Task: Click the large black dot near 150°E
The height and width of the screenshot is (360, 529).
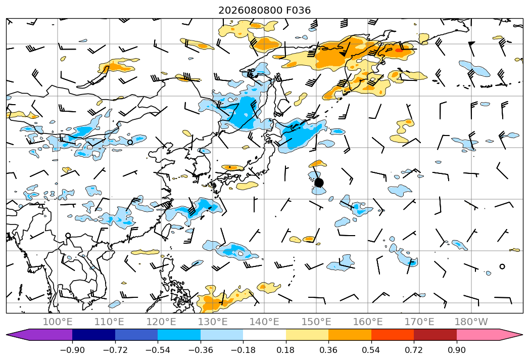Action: click(x=319, y=183)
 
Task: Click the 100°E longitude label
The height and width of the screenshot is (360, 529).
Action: click(x=58, y=322)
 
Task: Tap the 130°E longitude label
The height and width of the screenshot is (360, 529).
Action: click(x=213, y=322)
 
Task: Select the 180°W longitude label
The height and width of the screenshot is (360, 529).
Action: click(x=471, y=322)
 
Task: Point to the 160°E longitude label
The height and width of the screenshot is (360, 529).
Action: click(x=368, y=322)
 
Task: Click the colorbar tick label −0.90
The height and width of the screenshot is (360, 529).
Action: click(x=72, y=350)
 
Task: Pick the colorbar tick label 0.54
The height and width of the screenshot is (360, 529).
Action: click(x=371, y=350)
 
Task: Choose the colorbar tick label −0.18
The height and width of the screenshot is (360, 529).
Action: click(x=243, y=350)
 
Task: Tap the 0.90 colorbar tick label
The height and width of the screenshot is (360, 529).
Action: click(x=456, y=350)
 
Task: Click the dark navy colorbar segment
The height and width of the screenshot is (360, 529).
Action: click(x=93, y=334)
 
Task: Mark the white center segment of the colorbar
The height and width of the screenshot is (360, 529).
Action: click(x=265, y=334)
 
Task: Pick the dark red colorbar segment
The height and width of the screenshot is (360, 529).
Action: click(x=435, y=334)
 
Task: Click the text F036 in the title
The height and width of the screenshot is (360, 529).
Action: click(x=298, y=10)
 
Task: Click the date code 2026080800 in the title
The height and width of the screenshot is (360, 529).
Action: click(x=250, y=10)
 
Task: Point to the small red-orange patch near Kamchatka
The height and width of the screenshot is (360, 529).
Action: click(x=399, y=51)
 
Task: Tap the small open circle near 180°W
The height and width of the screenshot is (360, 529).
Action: click(x=502, y=266)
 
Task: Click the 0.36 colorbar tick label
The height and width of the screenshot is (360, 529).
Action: click(x=328, y=350)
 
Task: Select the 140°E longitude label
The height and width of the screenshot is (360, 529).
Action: click(x=264, y=322)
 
